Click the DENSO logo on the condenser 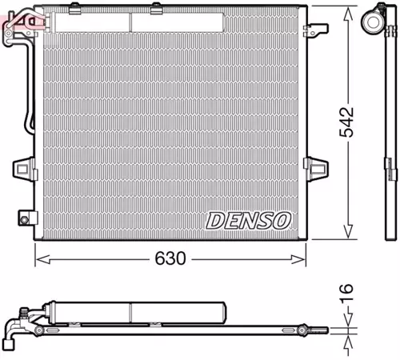pyautogui.click(x=250, y=219)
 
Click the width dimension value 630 pyautogui.click(x=170, y=259)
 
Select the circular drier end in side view pyautogui.click(x=375, y=21)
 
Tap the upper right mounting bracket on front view pyautogui.click(x=317, y=30)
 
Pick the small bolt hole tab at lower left pyautogui.click(x=26, y=217)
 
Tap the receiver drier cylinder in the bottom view pyautogui.click(x=136, y=310)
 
